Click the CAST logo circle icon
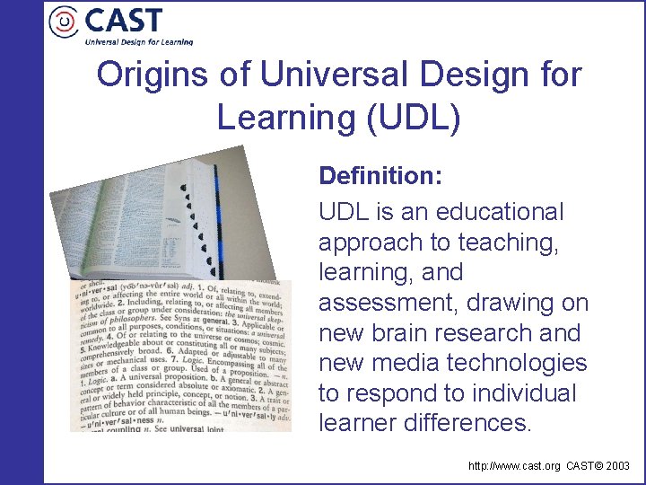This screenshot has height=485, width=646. [x=65, y=22]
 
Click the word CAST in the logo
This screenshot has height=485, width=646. [x=124, y=20]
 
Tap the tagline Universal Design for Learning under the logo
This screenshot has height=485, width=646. [x=138, y=40]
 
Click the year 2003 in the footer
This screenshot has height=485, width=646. [x=617, y=467]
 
